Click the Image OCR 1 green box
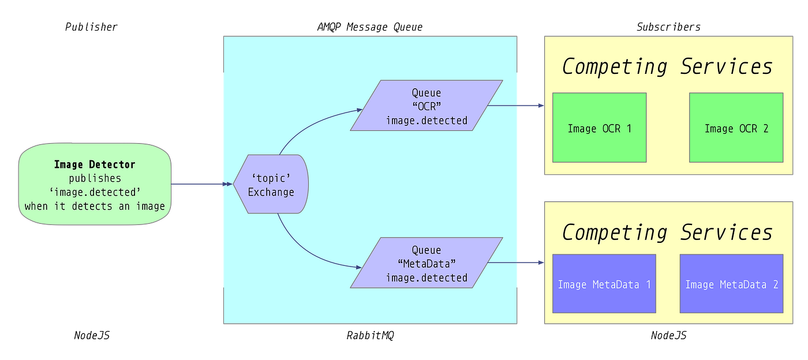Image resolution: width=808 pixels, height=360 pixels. [x=599, y=127]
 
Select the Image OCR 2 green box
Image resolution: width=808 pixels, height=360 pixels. [x=736, y=127]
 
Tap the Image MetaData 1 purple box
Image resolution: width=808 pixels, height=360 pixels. [x=604, y=283]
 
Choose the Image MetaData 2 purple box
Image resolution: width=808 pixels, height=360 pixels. [x=731, y=283]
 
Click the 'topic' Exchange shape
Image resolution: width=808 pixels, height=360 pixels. [x=271, y=184]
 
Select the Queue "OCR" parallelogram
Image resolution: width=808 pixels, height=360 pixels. [x=426, y=106]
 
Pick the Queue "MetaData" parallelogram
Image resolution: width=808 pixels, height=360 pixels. [x=426, y=263]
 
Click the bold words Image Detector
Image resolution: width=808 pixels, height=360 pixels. [x=95, y=164]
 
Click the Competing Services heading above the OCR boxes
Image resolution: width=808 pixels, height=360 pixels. [x=667, y=66]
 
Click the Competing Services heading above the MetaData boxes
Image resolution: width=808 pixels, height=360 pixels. [x=667, y=232]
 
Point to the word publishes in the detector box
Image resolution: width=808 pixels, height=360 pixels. [x=95, y=178]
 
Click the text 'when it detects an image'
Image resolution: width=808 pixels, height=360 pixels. [x=95, y=206]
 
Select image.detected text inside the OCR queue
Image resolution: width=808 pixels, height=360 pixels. [x=427, y=121]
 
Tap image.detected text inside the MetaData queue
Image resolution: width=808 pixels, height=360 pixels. [x=427, y=277]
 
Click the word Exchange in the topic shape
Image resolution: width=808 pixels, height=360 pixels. [x=271, y=192]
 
